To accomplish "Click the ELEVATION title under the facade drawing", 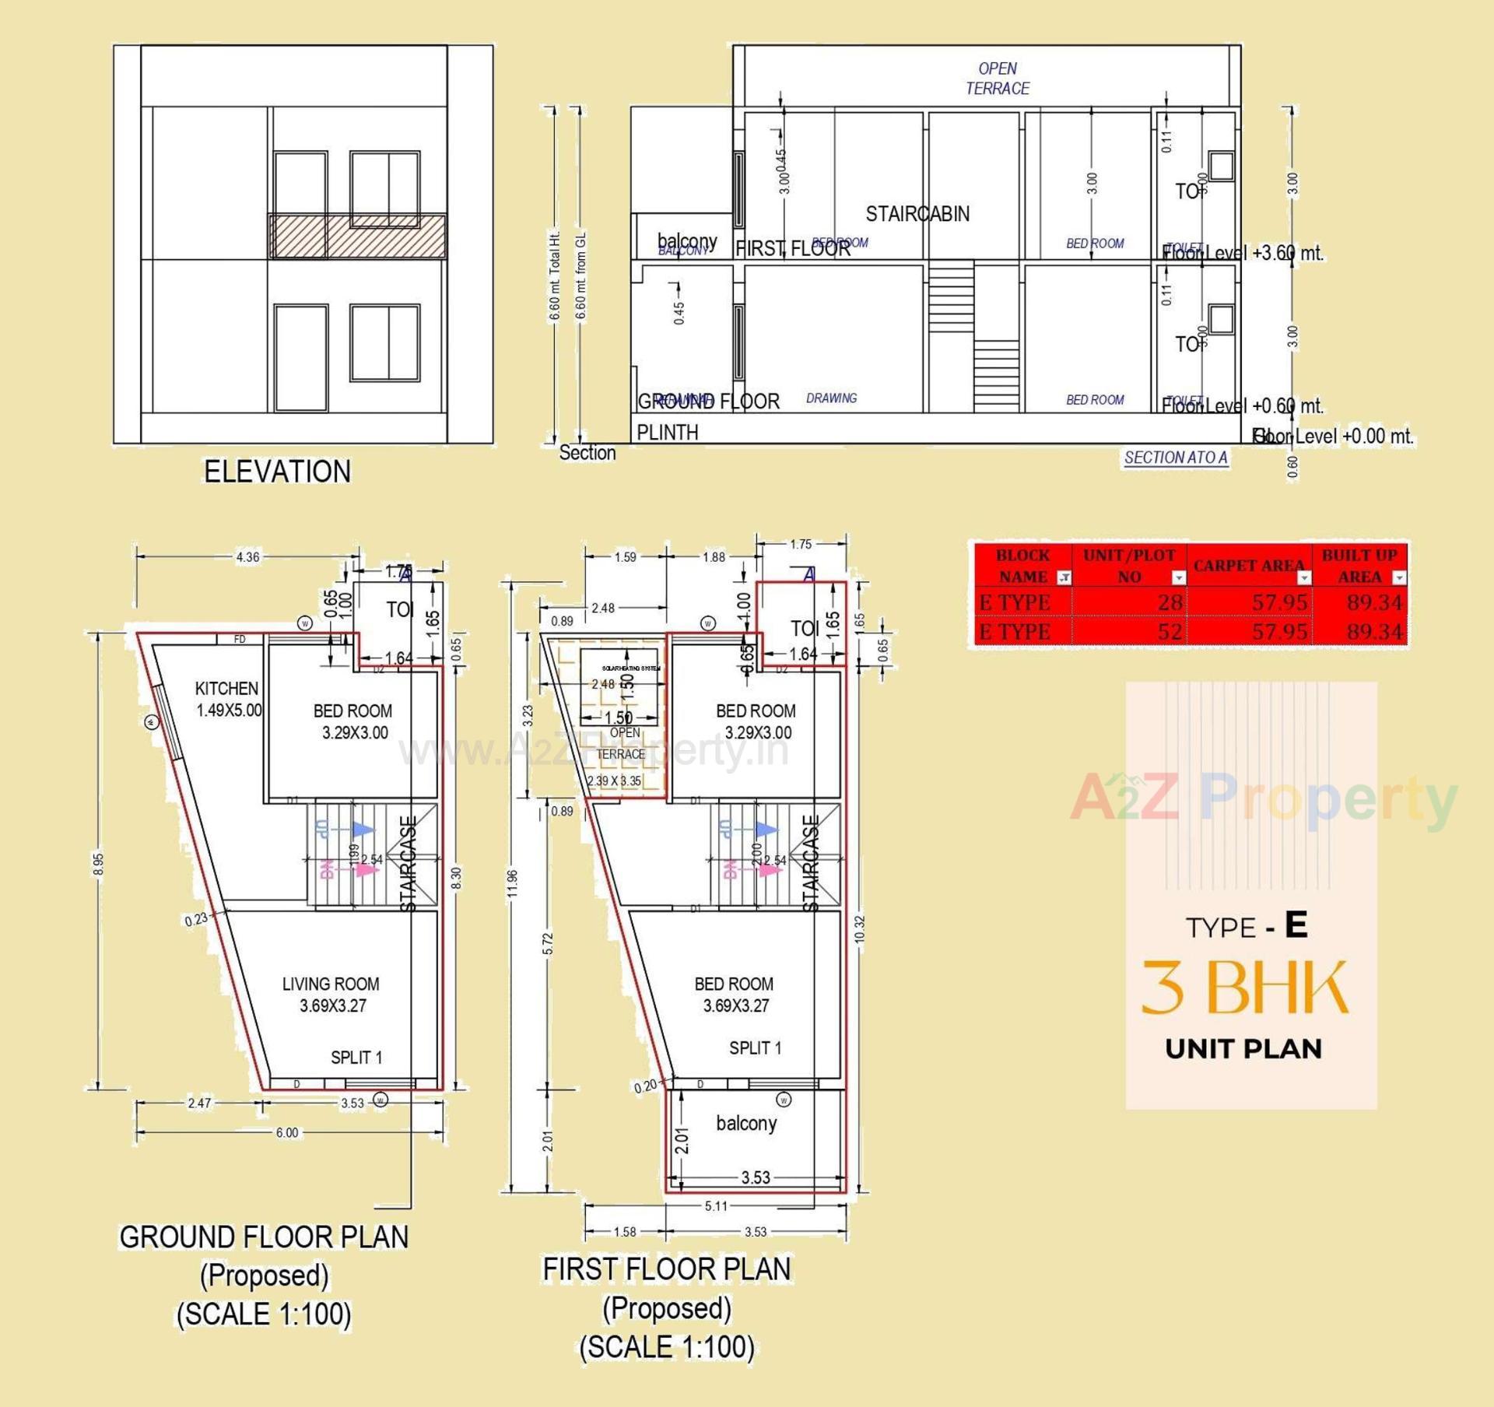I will click(277, 472).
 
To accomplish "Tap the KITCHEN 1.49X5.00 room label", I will click(227, 699).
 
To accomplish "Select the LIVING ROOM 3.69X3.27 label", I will click(331, 994).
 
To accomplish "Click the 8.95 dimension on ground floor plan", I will click(98, 864).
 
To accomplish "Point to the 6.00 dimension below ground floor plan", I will click(286, 1132).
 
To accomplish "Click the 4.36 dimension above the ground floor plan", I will click(247, 556).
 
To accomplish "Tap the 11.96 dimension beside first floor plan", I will click(512, 883).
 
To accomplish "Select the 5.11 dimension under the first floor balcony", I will click(716, 1205).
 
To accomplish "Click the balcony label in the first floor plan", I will click(746, 1123).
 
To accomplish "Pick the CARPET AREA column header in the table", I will click(1248, 566).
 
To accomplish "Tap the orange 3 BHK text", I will click(1244, 987).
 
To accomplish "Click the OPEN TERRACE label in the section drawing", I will click(997, 79).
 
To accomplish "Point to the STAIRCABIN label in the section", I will click(917, 214).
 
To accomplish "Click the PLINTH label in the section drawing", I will click(667, 432).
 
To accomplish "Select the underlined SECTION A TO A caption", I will click(1175, 458).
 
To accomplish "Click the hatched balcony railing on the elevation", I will click(358, 236).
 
